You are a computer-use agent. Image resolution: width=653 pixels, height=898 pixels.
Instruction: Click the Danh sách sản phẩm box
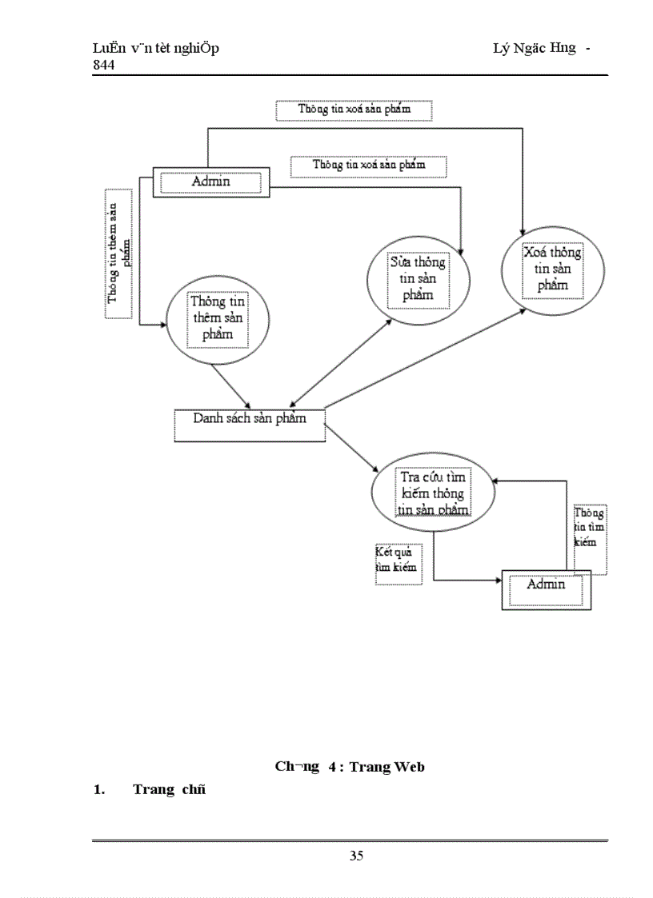pos(250,425)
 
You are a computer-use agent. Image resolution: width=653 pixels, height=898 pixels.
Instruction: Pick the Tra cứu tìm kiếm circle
pos(432,493)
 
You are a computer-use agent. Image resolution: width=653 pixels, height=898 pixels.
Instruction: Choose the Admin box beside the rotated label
pos(210,182)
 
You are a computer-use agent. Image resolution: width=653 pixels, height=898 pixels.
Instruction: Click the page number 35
pos(356,856)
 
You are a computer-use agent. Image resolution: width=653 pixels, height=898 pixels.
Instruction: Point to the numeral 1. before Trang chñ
pos(99,790)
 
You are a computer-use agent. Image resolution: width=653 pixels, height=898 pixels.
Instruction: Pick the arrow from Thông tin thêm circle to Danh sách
pos(231,385)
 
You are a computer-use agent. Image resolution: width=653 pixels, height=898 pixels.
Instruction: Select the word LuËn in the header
pos(107,49)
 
